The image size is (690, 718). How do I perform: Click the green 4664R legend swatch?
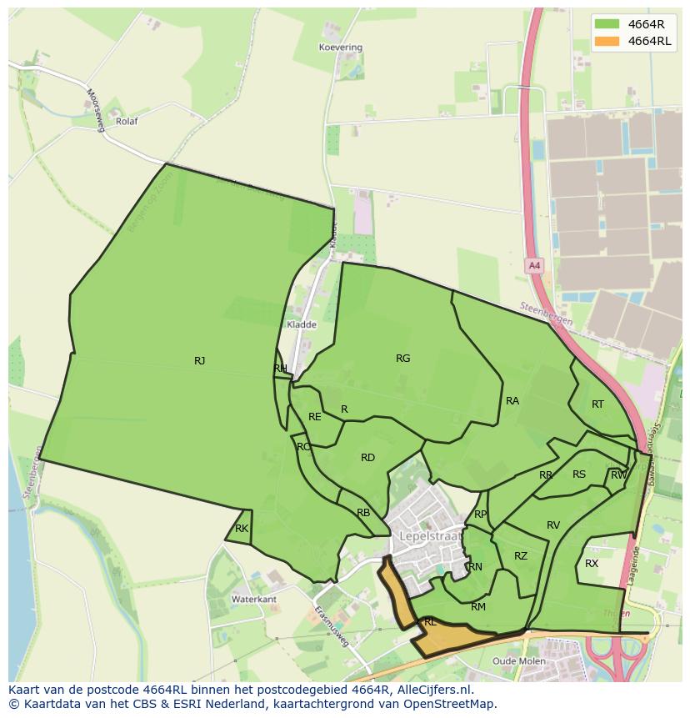[x=607, y=23]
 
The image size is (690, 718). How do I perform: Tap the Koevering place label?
[x=341, y=48]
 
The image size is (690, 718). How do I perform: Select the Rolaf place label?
[x=127, y=121]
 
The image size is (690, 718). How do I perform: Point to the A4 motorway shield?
[x=534, y=266]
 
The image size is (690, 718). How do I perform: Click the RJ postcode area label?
[x=199, y=361]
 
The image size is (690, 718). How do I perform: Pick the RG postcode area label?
[x=402, y=359]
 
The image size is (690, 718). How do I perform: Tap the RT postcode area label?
[x=597, y=404]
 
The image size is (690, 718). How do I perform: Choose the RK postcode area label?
[x=242, y=529]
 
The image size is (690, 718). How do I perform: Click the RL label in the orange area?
[x=430, y=622]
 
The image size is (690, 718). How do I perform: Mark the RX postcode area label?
[x=592, y=564]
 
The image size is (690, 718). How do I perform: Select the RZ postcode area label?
[x=521, y=556]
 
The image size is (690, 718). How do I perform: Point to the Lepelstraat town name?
[x=430, y=535]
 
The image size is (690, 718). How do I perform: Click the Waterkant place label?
[x=253, y=600]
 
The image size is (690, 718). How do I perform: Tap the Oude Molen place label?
[x=519, y=661]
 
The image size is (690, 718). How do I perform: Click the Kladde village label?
[x=301, y=324]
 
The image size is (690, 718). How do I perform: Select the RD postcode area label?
[x=367, y=458]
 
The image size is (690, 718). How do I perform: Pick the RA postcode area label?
[x=512, y=401]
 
